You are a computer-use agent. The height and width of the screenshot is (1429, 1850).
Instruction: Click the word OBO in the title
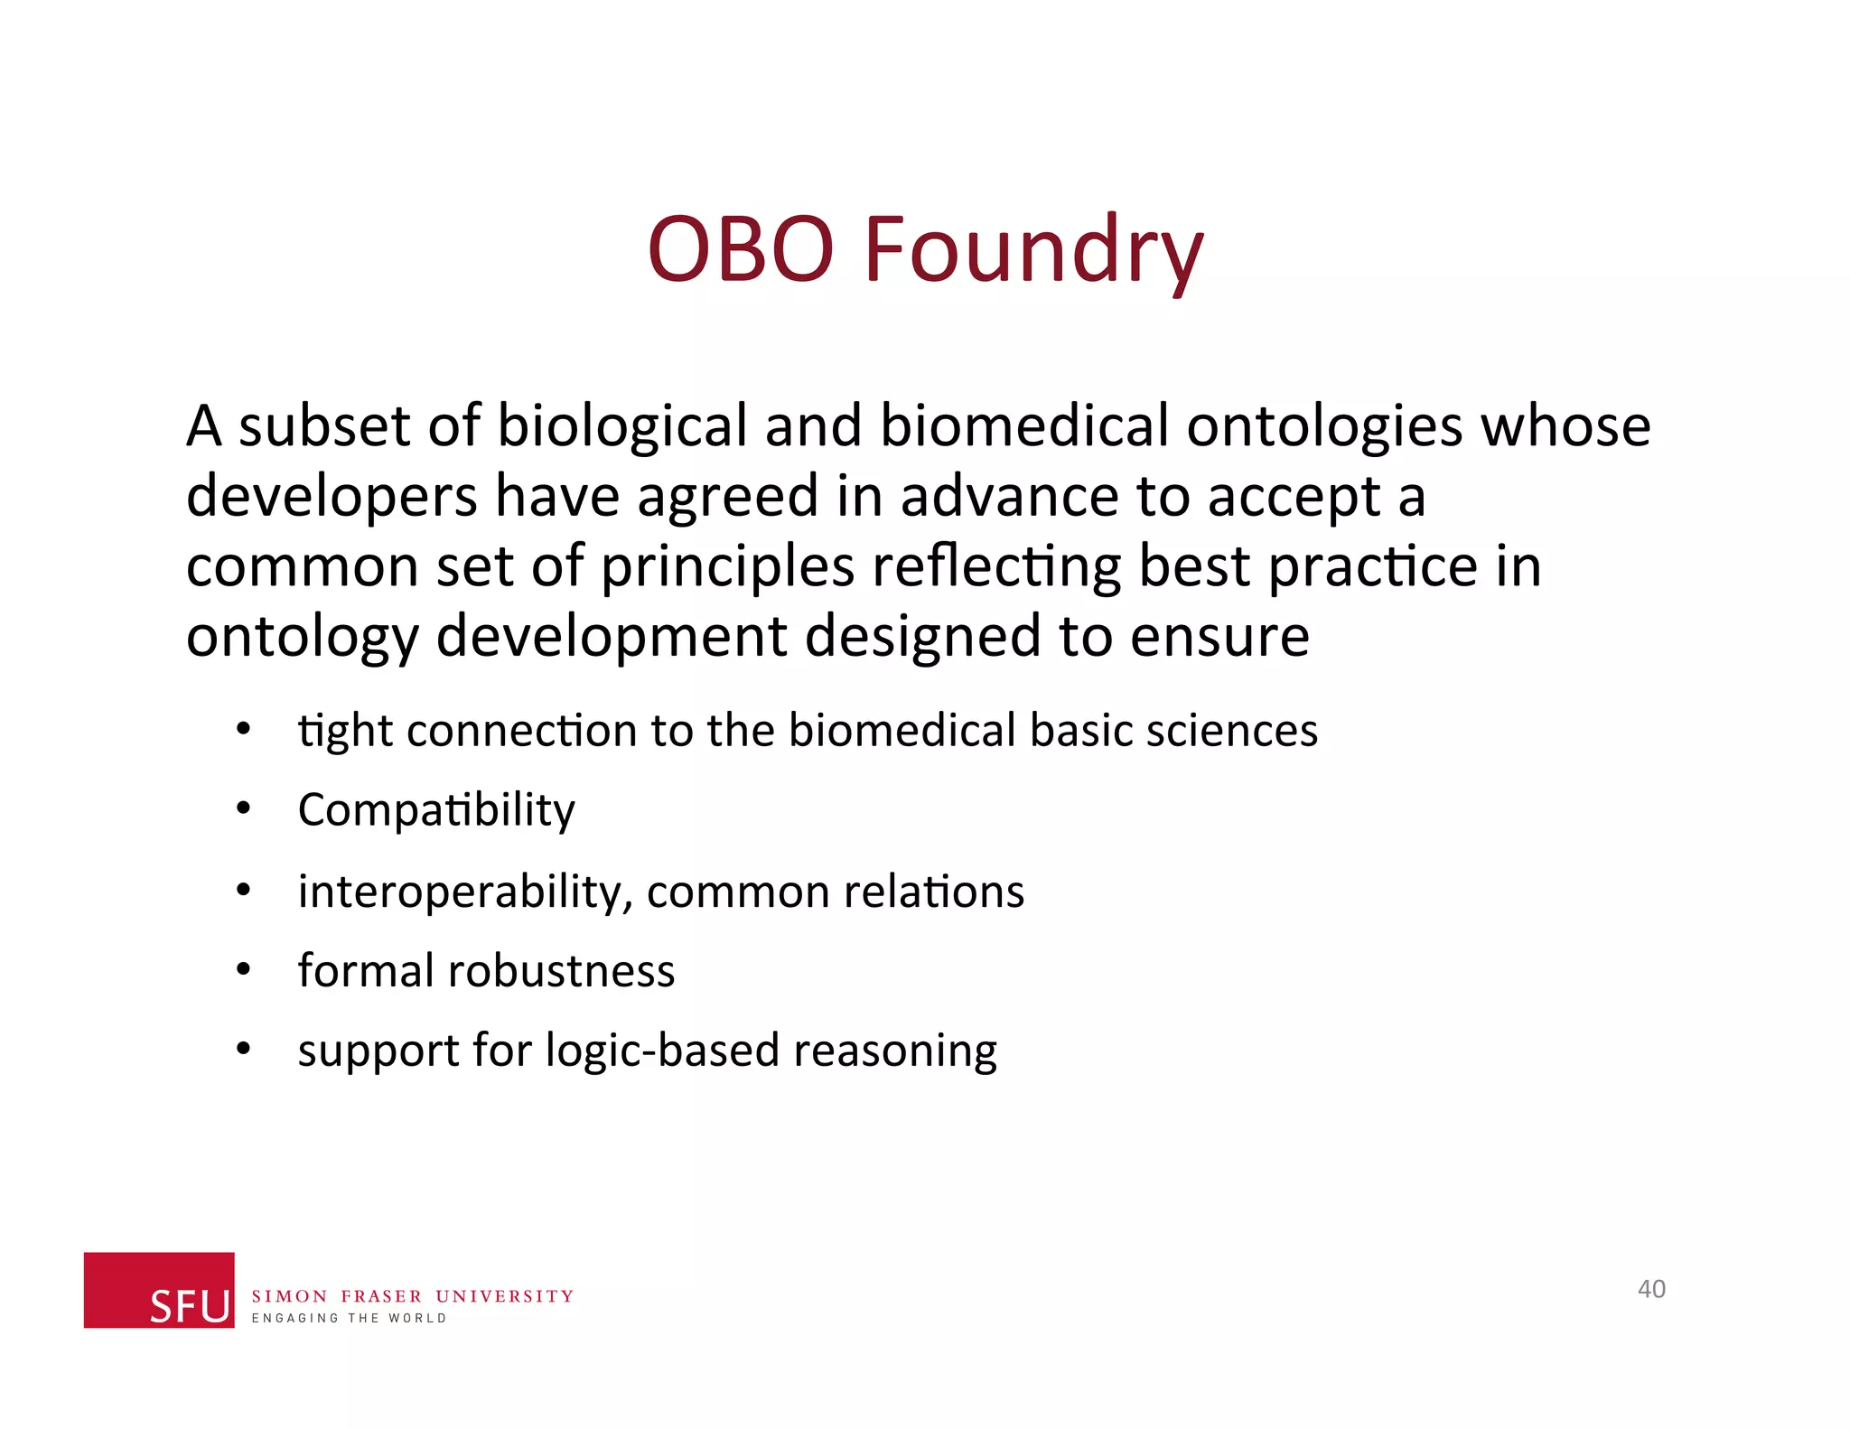[741, 249]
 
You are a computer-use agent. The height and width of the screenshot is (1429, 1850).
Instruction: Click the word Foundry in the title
[1033, 249]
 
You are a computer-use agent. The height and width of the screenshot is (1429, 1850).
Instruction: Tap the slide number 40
[1651, 1289]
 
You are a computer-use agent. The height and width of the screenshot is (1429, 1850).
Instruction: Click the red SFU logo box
[159, 1289]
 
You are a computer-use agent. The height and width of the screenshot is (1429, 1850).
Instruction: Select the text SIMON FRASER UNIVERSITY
[412, 1296]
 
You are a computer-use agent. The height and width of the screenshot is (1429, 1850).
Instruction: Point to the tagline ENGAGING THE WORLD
[349, 1319]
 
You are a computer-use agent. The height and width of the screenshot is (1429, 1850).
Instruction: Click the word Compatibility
[436, 810]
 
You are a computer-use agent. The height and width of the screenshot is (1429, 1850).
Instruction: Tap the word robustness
[561, 971]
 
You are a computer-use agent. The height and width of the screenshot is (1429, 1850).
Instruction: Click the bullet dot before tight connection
[242, 730]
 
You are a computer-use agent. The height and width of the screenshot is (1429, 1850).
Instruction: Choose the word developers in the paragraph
[331, 497]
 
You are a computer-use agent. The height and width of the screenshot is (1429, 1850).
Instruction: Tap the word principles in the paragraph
[727, 567]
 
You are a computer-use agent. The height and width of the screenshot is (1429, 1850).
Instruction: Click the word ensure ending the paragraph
[1219, 637]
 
